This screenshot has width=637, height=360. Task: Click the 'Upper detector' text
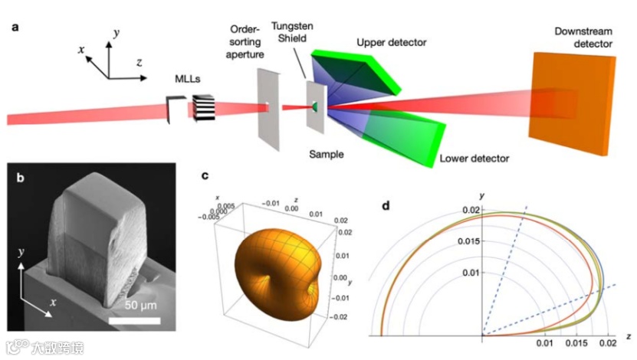pos(391,41)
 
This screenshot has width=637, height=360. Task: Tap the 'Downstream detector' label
pos(585,38)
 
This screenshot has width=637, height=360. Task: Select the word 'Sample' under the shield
pos(326,154)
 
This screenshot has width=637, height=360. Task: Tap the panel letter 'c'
pos(205,175)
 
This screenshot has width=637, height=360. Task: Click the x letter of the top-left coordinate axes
pos(80,48)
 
